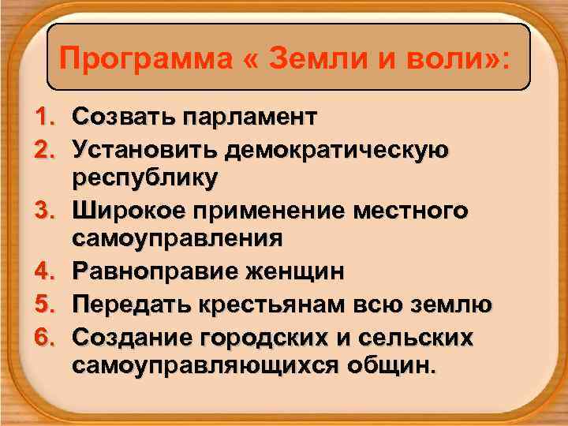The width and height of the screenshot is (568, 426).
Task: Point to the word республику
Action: pos(144,179)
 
